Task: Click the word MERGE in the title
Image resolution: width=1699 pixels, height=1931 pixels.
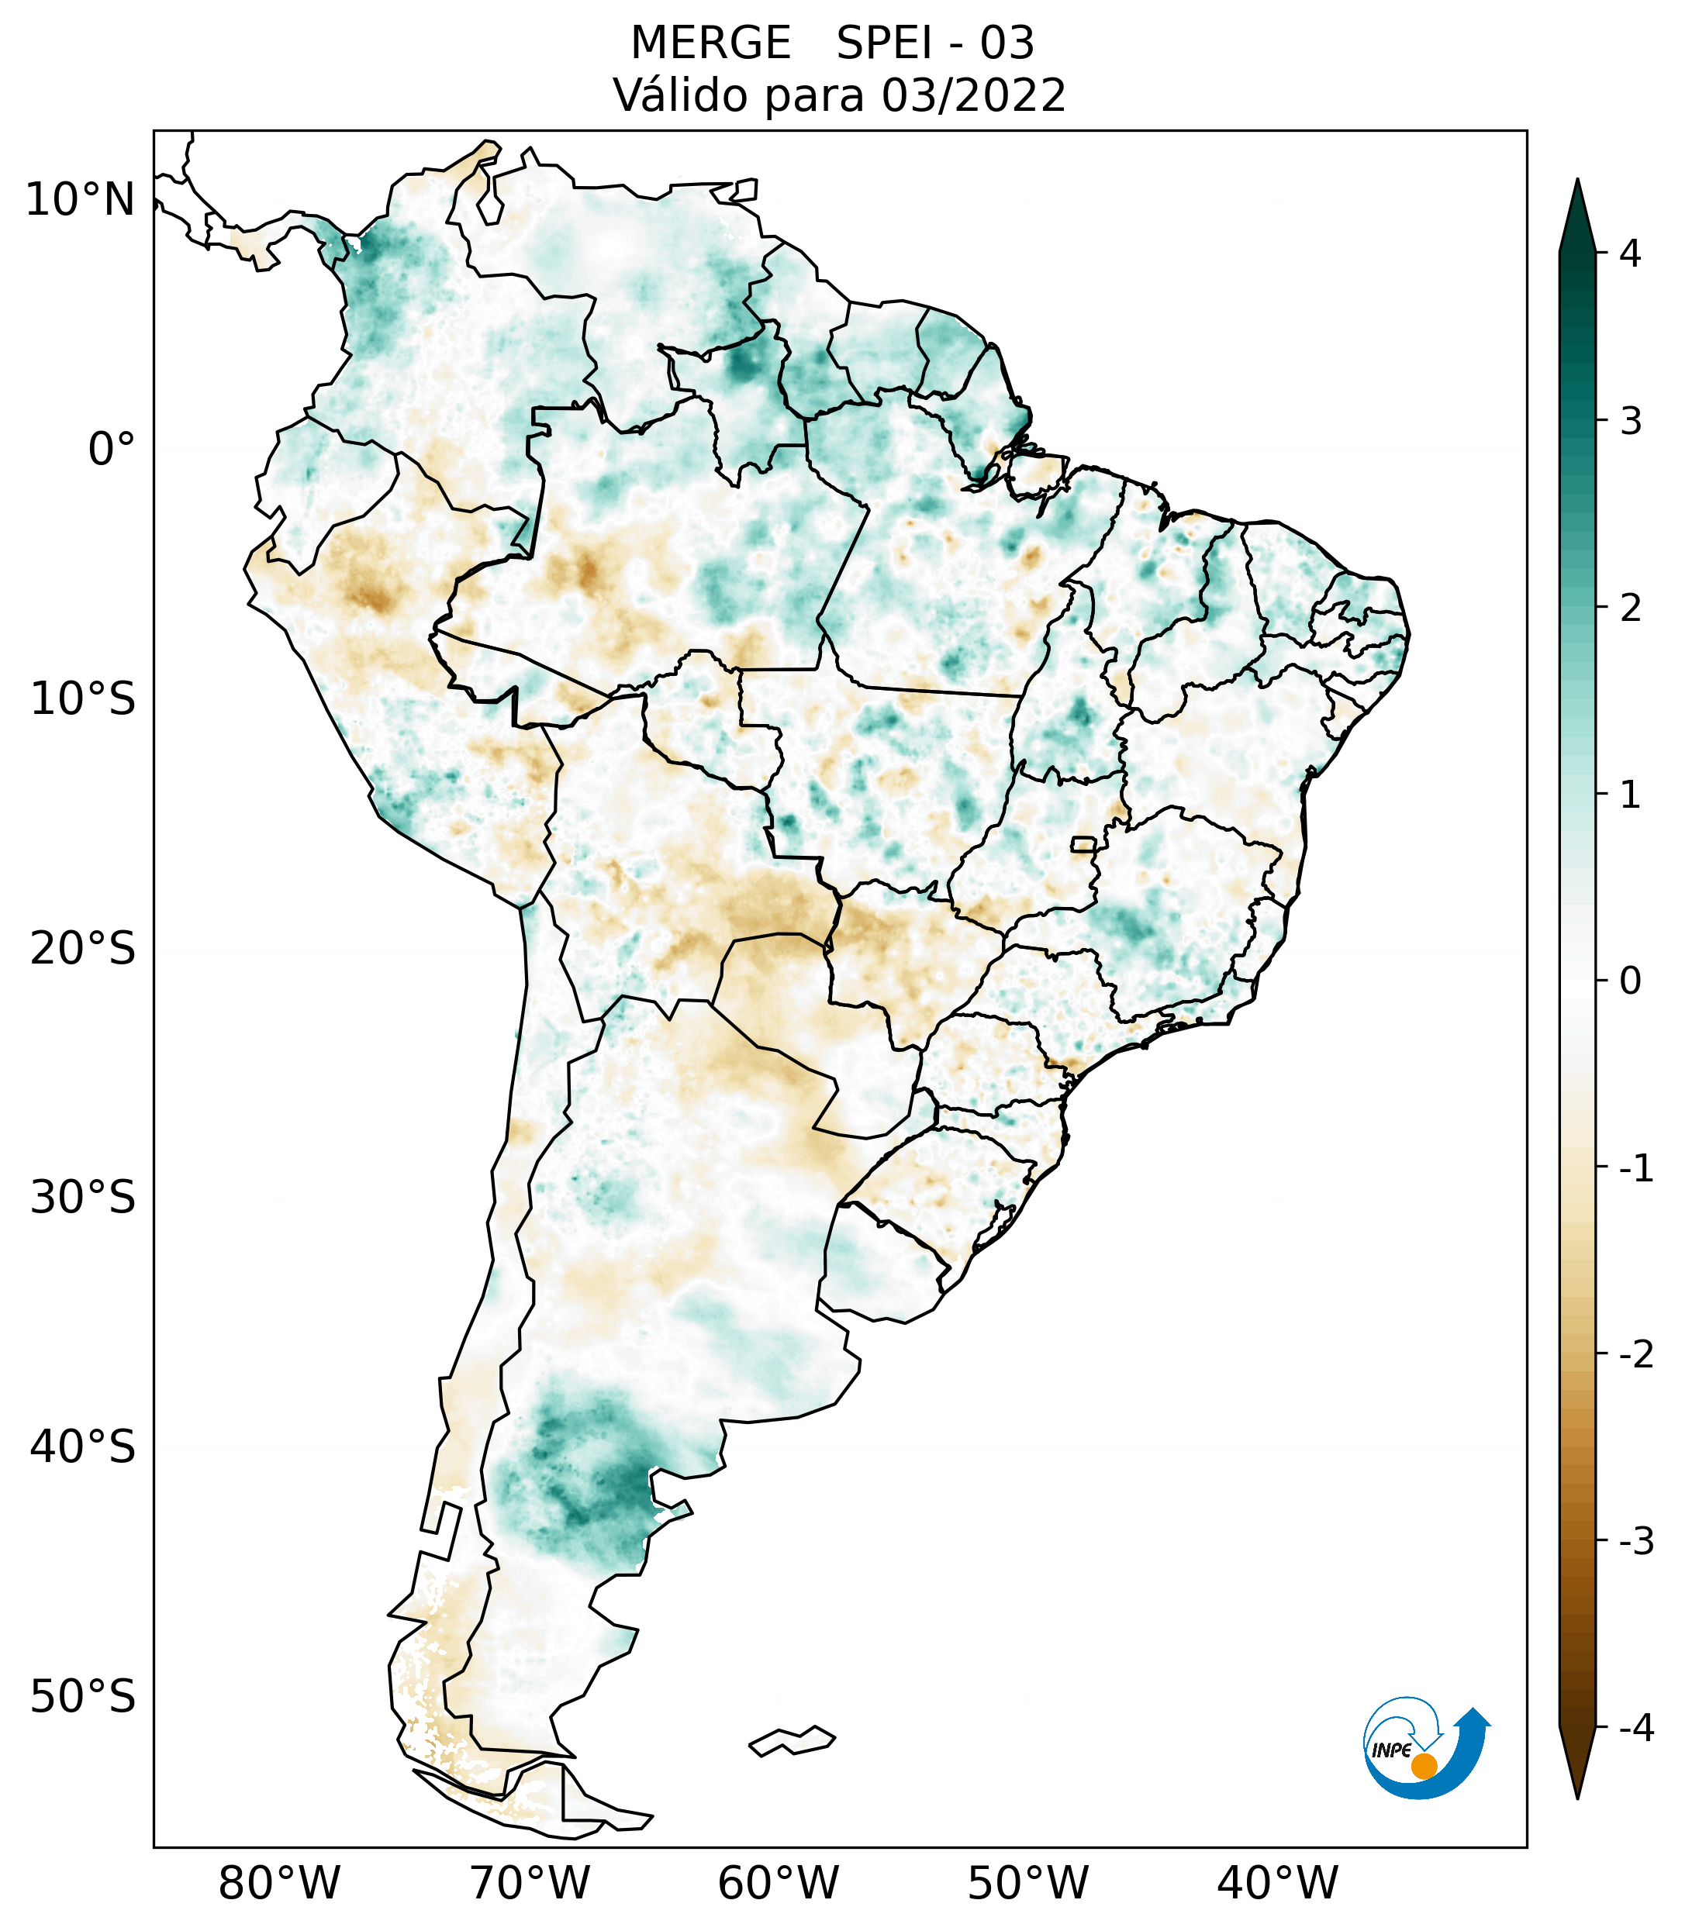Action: [x=710, y=43]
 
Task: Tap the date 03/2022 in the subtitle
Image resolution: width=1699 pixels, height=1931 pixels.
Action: [x=973, y=95]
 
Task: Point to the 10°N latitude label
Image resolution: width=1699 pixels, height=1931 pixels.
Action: [x=81, y=200]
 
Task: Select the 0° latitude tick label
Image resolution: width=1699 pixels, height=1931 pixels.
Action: [x=112, y=450]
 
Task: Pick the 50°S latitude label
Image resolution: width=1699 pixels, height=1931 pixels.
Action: [x=83, y=1697]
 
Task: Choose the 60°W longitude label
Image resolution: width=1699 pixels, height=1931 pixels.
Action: [x=778, y=1883]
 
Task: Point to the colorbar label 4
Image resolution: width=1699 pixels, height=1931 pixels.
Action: [x=1630, y=253]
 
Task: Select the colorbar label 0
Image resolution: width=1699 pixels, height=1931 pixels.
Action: [x=1630, y=981]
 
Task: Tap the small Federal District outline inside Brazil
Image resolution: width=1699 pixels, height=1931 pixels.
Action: [x=1084, y=843]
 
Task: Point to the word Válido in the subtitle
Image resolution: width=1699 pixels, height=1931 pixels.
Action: [x=682, y=95]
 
